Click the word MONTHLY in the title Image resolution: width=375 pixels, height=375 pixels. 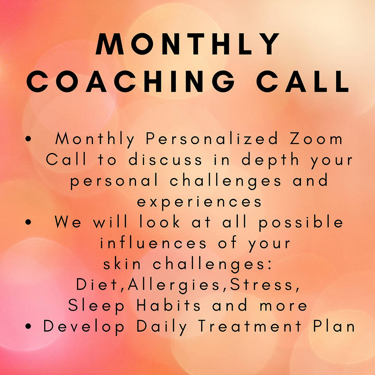pyautogui.click(x=187, y=44)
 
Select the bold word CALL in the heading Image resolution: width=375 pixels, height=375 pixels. pyautogui.click(x=303, y=81)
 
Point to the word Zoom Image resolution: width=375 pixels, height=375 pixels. pyautogui.click(x=316, y=139)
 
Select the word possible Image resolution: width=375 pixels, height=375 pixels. pyautogui.click(x=301, y=222)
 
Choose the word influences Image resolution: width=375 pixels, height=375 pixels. pyautogui.click(x=153, y=243)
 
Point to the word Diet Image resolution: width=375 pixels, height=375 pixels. pyautogui.click(x=96, y=285)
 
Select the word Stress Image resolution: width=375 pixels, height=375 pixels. pyautogui.click(x=261, y=285)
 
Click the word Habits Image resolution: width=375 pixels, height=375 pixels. pyautogui.click(x=168, y=305)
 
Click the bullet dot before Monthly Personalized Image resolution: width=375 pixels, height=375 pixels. pyautogui.click(x=29, y=139)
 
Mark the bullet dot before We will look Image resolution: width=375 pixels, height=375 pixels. pyautogui.click(x=29, y=222)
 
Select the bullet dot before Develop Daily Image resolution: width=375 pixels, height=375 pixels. pyautogui.click(x=29, y=326)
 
